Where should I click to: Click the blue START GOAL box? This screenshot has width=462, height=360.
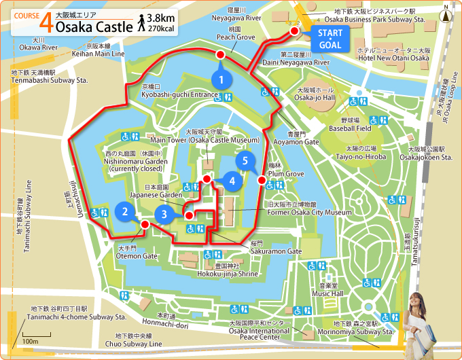[x=330, y=40]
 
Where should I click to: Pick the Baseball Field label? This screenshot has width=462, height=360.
[x=349, y=128]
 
